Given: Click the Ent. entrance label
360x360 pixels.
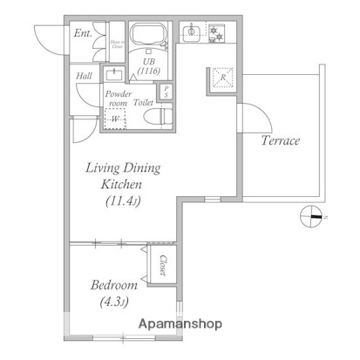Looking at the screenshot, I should pos(84,34).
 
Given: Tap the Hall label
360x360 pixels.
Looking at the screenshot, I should pos(85,76).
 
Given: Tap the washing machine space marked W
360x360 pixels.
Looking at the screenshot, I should pos(115,119).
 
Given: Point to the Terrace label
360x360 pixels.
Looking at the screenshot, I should pos(280,139).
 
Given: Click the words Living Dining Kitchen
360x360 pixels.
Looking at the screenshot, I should pos(122,176).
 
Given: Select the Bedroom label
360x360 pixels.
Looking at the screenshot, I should pos(112,285).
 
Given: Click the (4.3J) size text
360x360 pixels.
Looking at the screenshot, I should pos(112,302).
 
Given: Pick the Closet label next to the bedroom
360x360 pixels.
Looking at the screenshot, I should pos(163,262).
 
